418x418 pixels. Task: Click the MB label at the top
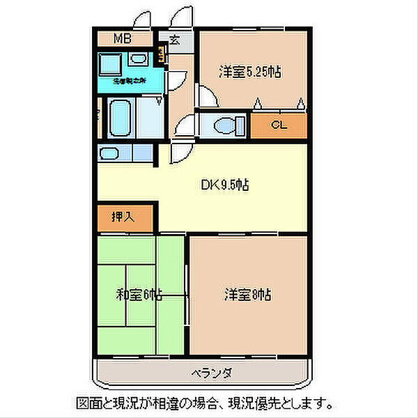123,39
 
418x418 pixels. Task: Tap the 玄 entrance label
174,40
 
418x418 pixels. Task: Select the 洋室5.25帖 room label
250,72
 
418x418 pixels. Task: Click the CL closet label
279,126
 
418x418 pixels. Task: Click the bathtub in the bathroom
120,118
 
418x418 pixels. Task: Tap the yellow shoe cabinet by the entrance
162,54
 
